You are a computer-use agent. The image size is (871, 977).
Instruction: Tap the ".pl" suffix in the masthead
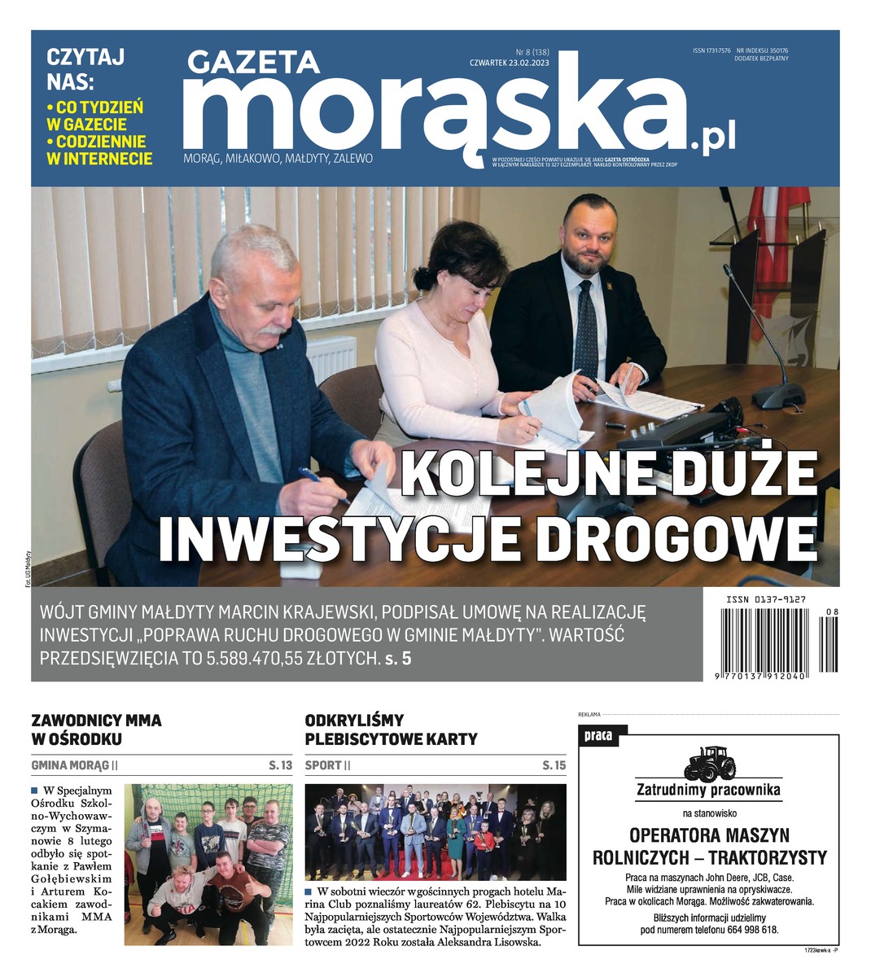coord(713,138)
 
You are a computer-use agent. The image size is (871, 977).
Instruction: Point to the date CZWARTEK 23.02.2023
coord(510,63)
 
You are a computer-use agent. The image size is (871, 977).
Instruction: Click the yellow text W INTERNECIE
coord(99,159)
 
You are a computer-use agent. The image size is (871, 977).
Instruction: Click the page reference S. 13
coord(280,765)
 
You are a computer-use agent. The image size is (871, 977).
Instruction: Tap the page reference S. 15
coord(554,765)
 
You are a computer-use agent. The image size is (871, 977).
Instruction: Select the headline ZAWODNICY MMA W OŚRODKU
coord(96,729)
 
